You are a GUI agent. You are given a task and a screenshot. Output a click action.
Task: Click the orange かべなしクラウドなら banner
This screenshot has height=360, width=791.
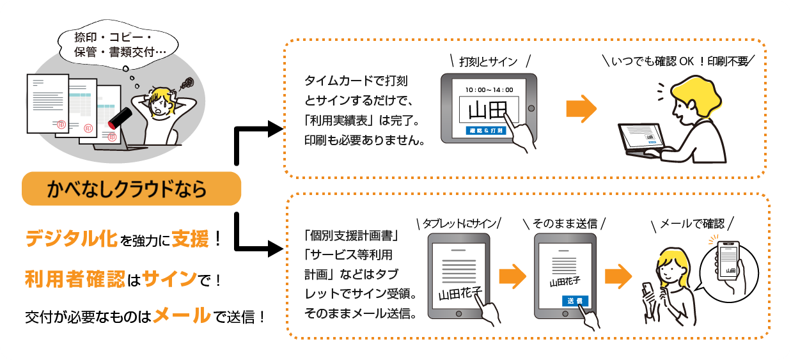click(131, 189)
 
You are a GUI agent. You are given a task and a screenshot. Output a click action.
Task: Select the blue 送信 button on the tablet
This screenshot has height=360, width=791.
click(574, 301)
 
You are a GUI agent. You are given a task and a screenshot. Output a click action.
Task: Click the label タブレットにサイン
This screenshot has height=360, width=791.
click(458, 223)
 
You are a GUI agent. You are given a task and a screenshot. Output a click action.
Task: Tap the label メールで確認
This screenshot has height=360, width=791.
click(692, 223)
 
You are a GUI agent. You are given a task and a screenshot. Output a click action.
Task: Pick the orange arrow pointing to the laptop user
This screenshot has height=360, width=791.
click(581, 108)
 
